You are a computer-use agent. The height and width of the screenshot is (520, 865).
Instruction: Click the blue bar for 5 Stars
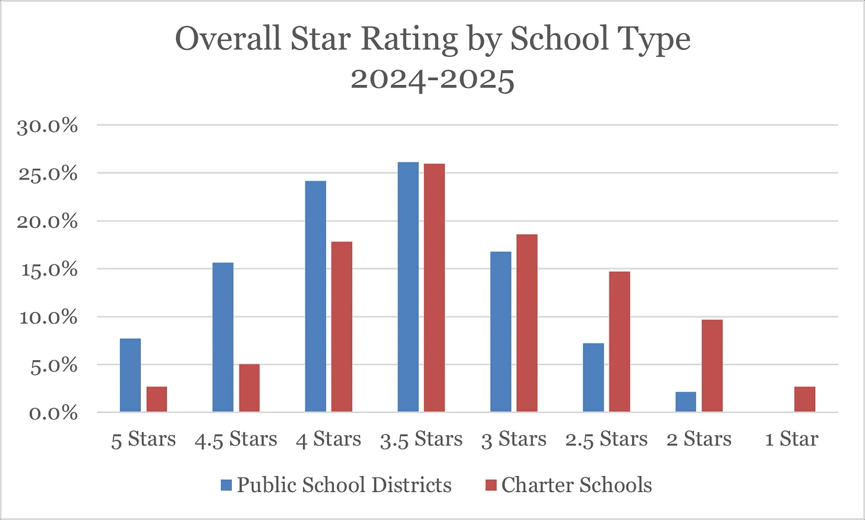tap(130, 375)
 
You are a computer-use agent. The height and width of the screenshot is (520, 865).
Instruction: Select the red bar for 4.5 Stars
tap(250, 387)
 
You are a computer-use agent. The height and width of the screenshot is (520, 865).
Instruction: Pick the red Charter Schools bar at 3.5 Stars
tap(434, 288)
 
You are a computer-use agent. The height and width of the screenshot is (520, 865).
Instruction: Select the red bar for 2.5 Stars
tap(620, 342)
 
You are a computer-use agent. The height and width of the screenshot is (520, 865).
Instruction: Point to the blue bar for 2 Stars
tap(686, 402)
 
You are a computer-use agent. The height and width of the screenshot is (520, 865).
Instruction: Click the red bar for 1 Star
tap(805, 399)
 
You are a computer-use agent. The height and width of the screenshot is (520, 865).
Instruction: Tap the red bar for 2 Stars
tap(712, 365)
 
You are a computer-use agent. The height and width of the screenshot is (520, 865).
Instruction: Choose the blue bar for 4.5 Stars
tap(223, 337)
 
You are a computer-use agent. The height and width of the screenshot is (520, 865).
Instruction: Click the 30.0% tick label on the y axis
tap(48, 126)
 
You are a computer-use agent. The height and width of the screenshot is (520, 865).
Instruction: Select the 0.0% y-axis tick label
tap(53, 413)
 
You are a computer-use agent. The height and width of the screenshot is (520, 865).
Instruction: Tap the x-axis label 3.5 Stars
tap(421, 440)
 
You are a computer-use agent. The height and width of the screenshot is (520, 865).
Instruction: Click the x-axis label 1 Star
tap(791, 440)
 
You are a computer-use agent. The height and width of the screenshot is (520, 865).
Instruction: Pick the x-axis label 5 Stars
tap(143, 440)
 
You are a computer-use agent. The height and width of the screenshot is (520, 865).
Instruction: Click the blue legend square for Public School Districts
tap(226, 486)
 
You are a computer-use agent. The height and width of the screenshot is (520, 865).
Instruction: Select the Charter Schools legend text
tap(576, 486)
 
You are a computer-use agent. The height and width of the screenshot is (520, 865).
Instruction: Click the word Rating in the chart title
tap(410, 40)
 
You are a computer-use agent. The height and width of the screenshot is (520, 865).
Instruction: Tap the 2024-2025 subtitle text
tap(432, 79)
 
